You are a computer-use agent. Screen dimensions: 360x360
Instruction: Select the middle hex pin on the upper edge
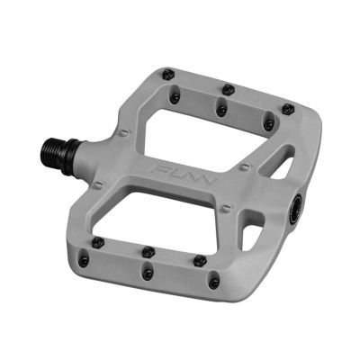pos(228,89)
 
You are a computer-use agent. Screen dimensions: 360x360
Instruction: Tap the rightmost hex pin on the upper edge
pos(287,109)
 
